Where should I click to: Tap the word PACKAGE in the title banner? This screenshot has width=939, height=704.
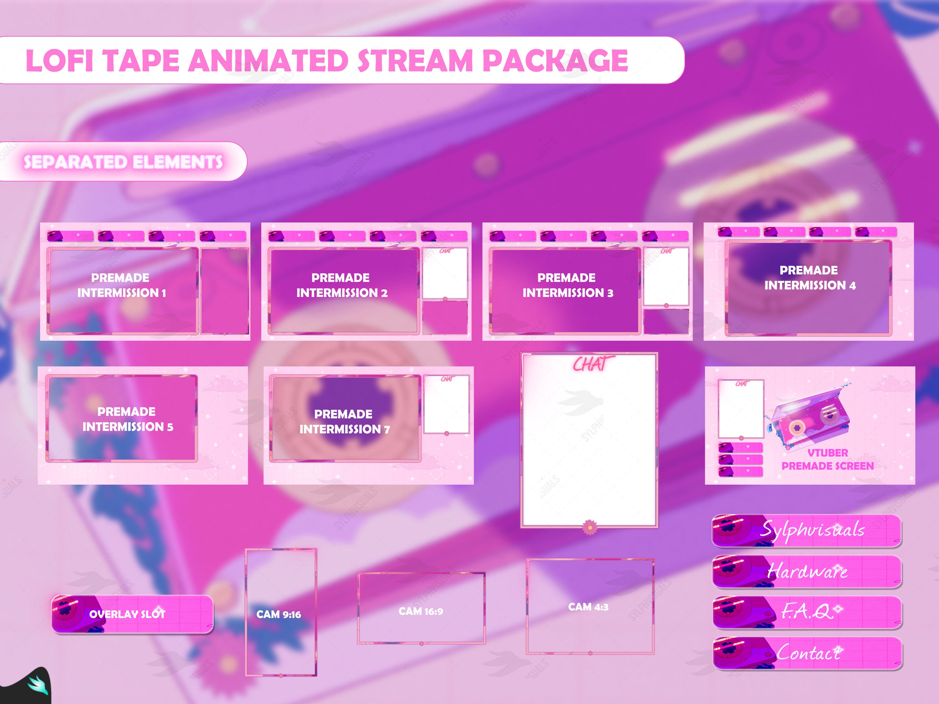[x=555, y=60]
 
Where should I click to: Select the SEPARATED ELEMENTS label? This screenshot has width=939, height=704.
[x=123, y=162]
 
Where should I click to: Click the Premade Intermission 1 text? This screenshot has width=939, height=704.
[x=121, y=285]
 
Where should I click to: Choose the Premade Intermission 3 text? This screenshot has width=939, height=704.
[x=567, y=285]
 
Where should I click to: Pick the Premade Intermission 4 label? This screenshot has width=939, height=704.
[x=809, y=278]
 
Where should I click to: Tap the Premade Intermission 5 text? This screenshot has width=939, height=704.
[x=127, y=419]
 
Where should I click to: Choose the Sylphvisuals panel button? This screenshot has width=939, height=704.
[x=807, y=530]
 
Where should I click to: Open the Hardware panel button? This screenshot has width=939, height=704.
[x=807, y=571]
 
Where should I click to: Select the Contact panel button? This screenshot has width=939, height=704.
[x=807, y=653]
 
